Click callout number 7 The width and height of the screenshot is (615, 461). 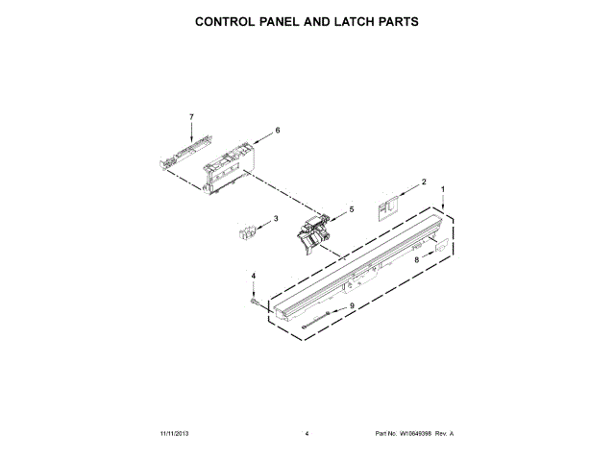pyautogui.click(x=191, y=116)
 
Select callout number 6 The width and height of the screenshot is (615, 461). pyautogui.click(x=278, y=130)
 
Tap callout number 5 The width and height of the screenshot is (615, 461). pyautogui.click(x=351, y=208)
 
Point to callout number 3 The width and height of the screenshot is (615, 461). pyautogui.click(x=276, y=219)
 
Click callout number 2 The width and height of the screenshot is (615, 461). pyautogui.click(x=424, y=182)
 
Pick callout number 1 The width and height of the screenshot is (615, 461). pyautogui.click(x=442, y=190)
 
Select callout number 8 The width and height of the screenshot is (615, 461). pyautogui.click(x=417, y=258)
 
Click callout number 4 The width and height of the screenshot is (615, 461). pyautogui.click(x=254, y=276)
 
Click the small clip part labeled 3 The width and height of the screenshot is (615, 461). pyautogui.click(x=248, y=230)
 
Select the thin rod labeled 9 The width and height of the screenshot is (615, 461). pyautogui.click(x=320, y=322)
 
